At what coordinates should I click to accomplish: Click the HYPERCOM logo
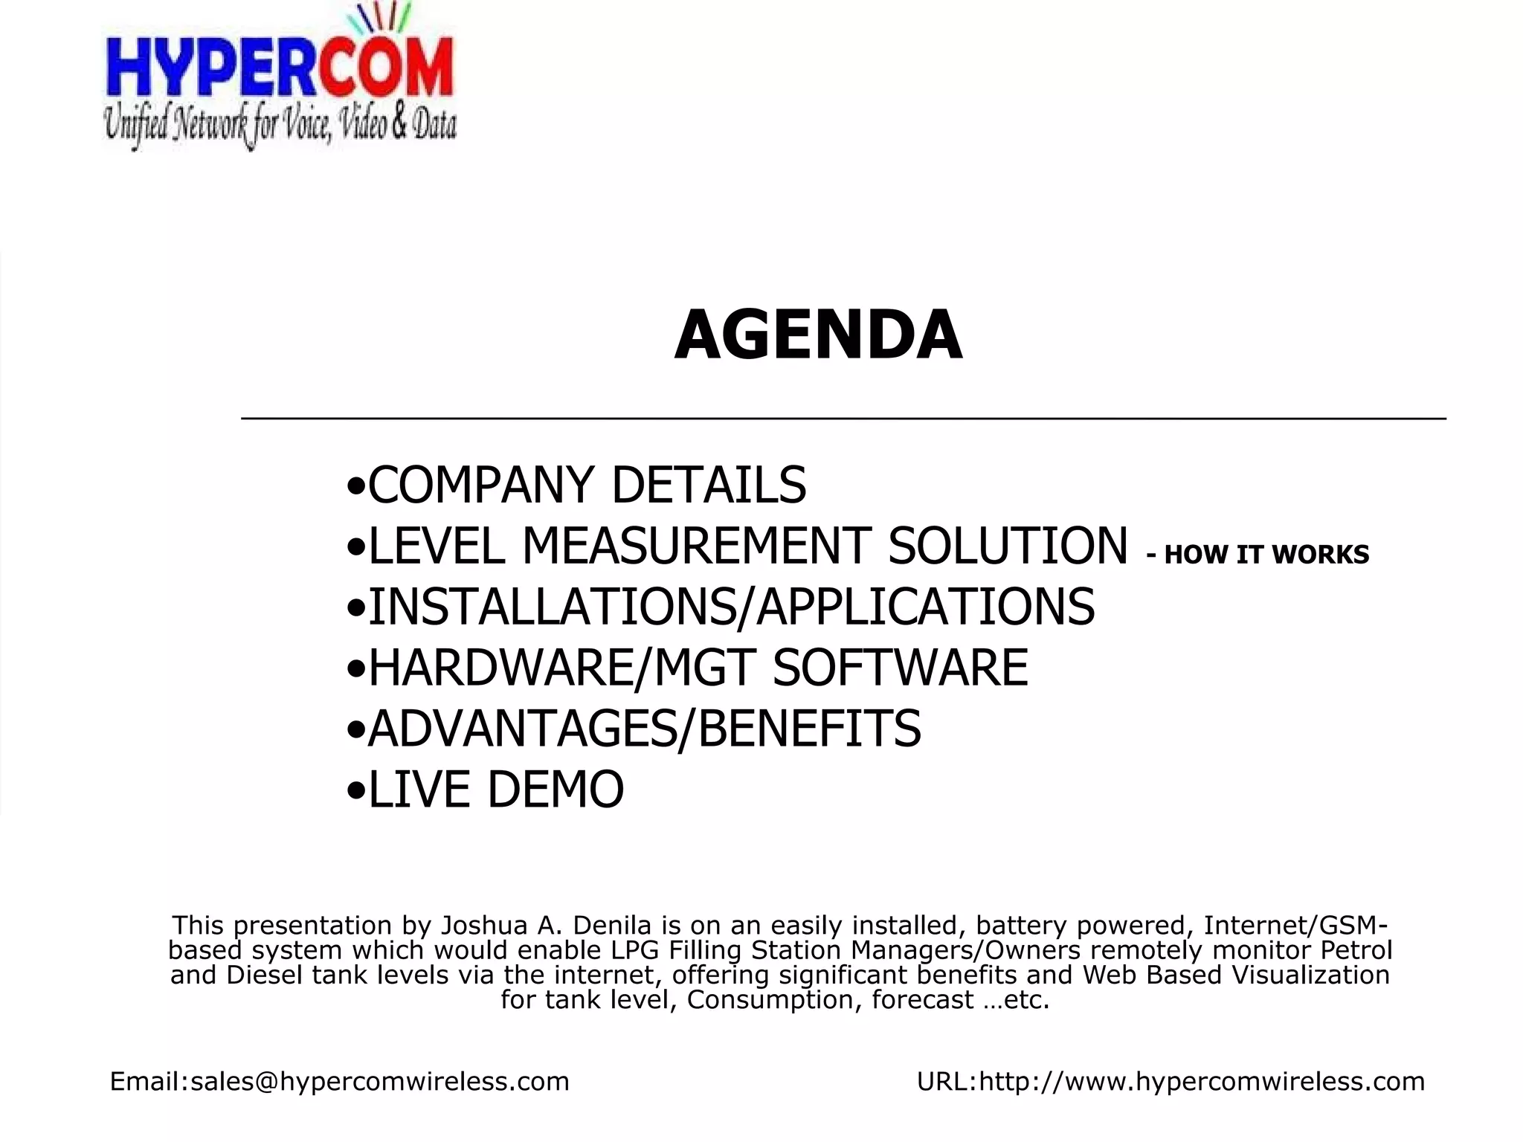pyautogui.click(x=280, y=68)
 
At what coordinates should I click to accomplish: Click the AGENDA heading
pyautogui.click(x=818, y=336)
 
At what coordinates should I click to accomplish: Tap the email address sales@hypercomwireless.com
pyautogui.click(x=379, y=1081)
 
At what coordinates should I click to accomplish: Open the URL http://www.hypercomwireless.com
pyautogui.click(x=1202, y=1081)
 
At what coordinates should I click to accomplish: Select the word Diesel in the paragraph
pyautogui.click(x=265, y=975)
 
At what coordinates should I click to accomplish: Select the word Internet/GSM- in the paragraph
pyautogui.click(x=1295, y=926)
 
